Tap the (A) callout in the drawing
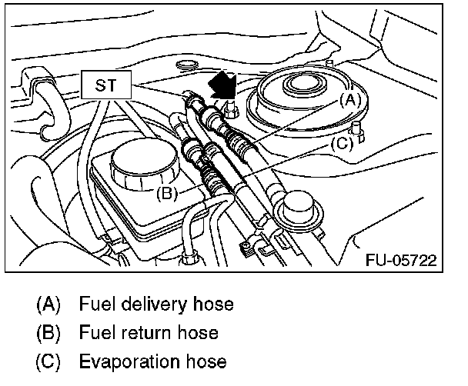coord(350,99)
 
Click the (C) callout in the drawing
coord(342,142)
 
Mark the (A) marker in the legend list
coord(48,304)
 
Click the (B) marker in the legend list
coord(48,333)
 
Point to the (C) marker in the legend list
coord(48,361)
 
